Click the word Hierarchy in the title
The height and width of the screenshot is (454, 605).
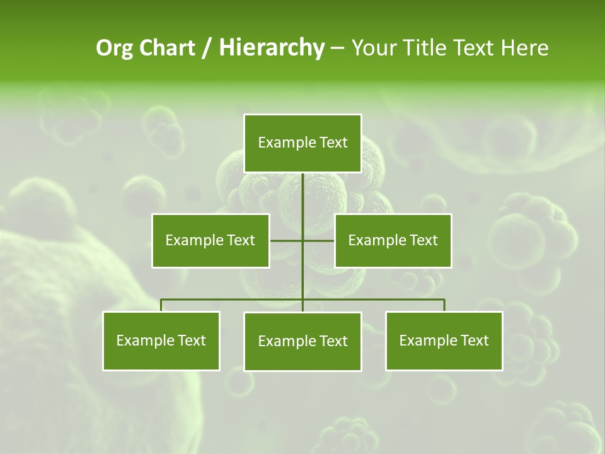pyautogui.click(x=271, y=48)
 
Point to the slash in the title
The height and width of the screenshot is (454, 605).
pyautogui.click(x=206, y=48)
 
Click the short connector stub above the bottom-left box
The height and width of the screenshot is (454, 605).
pyautogui.click(x=161, y=305)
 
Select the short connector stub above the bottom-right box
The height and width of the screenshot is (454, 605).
pyautogui.click(x=444, y=305)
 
